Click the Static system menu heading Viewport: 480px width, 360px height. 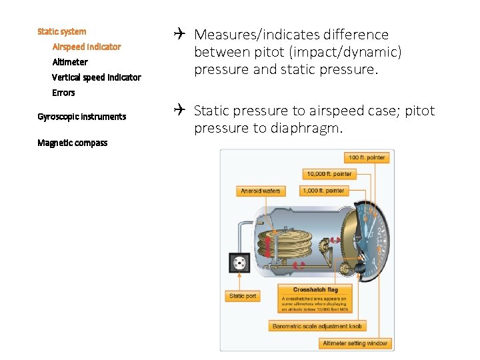tap(61, 31)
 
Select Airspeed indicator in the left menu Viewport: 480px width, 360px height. tap(87, 47)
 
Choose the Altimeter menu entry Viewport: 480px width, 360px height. tap(70, 62)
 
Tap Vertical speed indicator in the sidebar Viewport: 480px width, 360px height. tap(97, 77)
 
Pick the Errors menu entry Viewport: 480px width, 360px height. tap(63, 93)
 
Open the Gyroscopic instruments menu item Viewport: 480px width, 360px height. tap(81, 117)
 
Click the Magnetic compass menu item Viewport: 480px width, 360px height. tap(72, 143)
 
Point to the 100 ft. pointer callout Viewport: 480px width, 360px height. tap(367, 158)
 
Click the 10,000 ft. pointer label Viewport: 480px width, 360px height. tap(329, 174)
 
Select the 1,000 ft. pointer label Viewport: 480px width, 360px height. tap(323, 191)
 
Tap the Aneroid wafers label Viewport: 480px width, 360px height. tap(261, 191)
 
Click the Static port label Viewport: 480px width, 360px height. tap(243, 296)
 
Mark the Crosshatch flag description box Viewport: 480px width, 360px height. tap(315, 299)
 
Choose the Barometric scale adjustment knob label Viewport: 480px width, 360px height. tap(317, 326)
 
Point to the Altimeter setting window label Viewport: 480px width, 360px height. tap(355, 343)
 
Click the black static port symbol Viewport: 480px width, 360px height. tap(238, 263)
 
